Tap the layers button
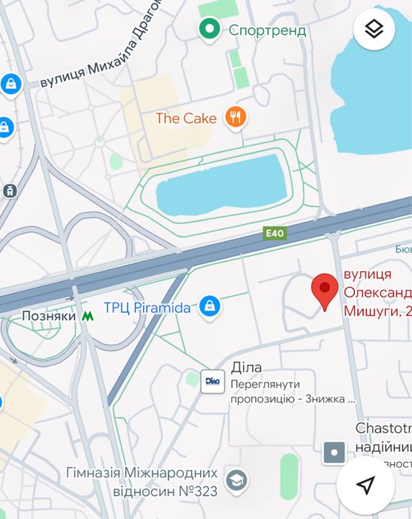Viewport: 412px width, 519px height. (x=374, y=30)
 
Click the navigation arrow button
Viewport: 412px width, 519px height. (x=365, y=485)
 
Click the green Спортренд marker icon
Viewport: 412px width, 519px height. (x=210, y=30)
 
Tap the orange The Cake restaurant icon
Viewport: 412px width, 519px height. (x=236, y=117)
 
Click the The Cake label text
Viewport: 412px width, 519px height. (x=186, y=118)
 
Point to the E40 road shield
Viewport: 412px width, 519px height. (x=275, y=233)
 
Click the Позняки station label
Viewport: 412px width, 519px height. (x=49, y=316)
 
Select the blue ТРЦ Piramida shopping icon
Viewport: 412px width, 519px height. (x=210, y=306)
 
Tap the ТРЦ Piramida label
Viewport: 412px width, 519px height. (x=147, y=307)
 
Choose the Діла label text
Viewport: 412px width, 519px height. (x=247, y=368)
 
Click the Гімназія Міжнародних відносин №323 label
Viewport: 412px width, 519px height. (x=142, y=481)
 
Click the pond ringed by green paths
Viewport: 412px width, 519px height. (x=221, y=184)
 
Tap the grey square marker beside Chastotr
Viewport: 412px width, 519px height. (x=334, y=451)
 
